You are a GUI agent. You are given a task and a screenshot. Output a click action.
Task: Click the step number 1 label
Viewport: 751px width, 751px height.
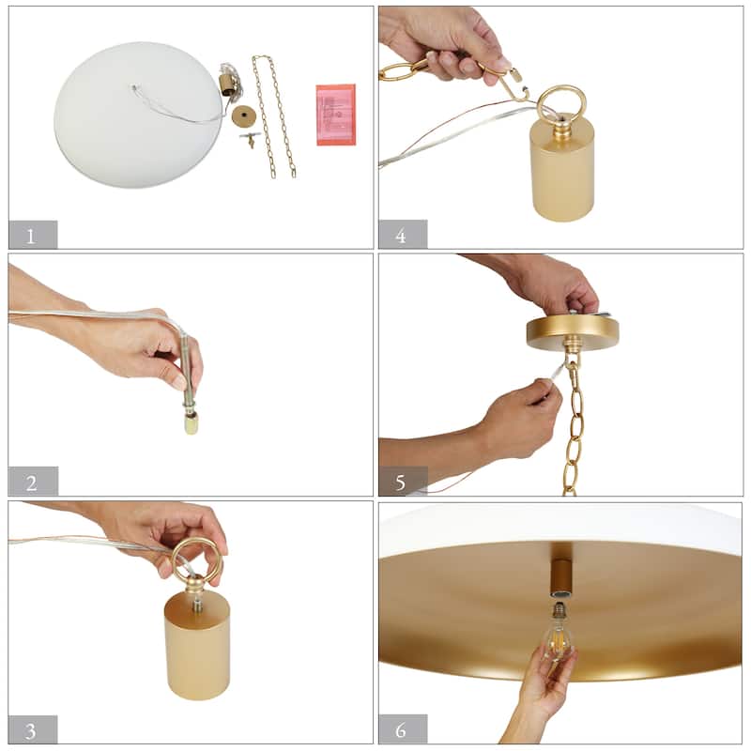point(30,237)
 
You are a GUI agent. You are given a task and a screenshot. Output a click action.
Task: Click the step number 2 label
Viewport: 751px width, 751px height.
point(32,483)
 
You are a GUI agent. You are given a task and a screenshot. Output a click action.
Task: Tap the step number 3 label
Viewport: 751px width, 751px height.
point(31,731)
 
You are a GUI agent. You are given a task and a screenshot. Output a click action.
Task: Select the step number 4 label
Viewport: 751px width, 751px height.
point(401,236)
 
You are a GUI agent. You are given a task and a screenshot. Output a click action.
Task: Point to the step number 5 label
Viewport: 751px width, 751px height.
point(401,483)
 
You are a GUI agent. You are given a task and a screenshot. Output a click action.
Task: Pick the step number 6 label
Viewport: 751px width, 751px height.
point(401,730)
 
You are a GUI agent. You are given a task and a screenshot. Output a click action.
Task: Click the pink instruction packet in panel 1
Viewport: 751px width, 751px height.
point(336,115)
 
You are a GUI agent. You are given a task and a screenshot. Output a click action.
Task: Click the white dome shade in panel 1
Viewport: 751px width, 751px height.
point(138,115)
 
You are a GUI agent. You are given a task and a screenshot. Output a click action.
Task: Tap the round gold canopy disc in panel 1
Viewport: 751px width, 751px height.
point(244,115)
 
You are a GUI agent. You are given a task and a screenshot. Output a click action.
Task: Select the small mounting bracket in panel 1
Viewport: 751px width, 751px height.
point(250,139)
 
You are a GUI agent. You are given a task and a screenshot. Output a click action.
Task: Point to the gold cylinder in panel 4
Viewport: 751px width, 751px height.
point(561,170)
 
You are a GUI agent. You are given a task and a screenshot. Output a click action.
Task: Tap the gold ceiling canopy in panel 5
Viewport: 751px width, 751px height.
point(573,331)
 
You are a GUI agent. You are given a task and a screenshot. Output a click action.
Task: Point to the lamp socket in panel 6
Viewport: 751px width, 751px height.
point(561,578)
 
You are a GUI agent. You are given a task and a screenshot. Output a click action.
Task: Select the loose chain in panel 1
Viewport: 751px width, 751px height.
point(273,116)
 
